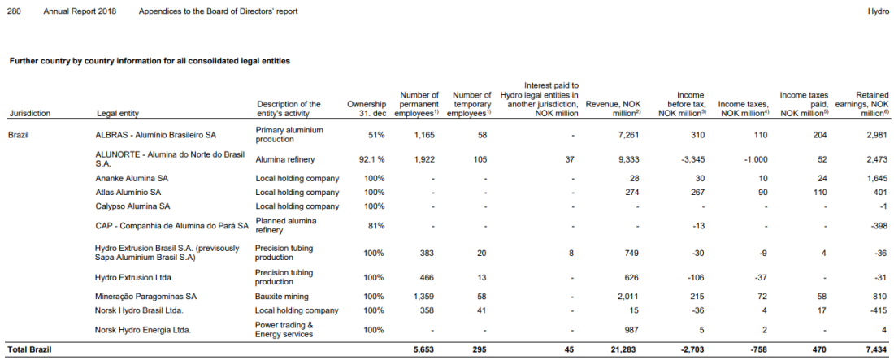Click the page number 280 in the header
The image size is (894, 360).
(x=14, y=11)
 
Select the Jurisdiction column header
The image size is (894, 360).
(x=30, y=114)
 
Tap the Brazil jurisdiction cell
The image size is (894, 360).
(x=18, y=135)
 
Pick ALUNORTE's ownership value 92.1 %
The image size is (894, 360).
(x=371, y=160)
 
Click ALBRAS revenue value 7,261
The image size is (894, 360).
(x=628, y=135)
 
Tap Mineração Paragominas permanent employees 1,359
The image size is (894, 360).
(x=423, y=297)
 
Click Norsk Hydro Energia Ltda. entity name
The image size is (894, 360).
(x=142, y=329)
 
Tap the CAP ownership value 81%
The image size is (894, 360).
(x=375, y=225)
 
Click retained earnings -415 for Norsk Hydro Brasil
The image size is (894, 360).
(x=879, y=310)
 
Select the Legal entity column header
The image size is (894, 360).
(x=118, y=114)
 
